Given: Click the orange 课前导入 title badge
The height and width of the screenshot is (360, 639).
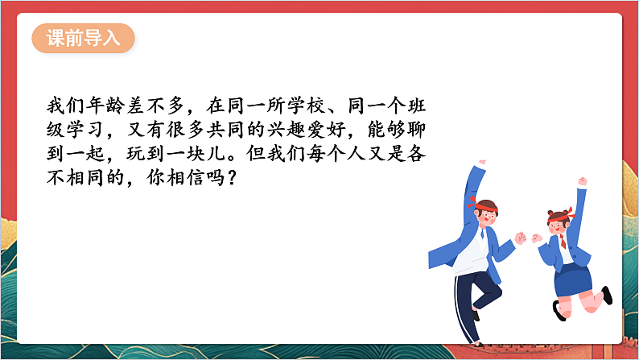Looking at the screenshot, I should pyautogui.click(x=83, y=39).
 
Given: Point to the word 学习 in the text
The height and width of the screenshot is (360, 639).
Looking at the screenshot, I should pyautogui.click(x=89, y=130).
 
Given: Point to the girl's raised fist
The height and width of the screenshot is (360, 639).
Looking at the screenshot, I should pyautogui.click(x=582, y=183).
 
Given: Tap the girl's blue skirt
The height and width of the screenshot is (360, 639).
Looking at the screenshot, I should pyautogui.click(x=572, y=278).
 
